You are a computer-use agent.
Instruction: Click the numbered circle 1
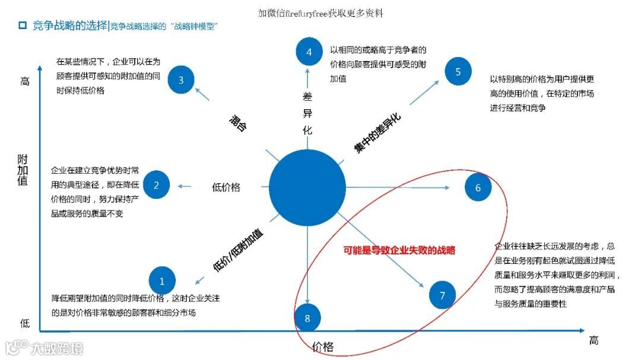(163, 279)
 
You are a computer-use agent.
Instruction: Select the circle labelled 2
(157, 185)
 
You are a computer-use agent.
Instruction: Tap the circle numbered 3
(181, 80)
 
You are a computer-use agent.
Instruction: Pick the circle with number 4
(309, 52)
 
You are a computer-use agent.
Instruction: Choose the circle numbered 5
(458, 72)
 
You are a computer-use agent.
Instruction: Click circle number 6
(478, 188)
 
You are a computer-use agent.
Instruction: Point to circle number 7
(442, 295)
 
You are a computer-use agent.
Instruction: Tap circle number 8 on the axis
(307, 318)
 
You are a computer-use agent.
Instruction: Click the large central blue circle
(307, 187)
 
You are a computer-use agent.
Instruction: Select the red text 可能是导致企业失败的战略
(399, 250)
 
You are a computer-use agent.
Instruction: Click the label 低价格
(226, 187)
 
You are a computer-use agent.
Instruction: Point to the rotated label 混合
(237, 123)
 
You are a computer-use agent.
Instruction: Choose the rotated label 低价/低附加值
(238, 250)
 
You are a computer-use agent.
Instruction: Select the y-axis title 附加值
(23, 170)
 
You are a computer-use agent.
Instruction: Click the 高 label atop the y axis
(24, 82)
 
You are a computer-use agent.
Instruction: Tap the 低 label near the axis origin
(24, 323)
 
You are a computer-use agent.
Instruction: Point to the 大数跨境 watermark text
(57, 348)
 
